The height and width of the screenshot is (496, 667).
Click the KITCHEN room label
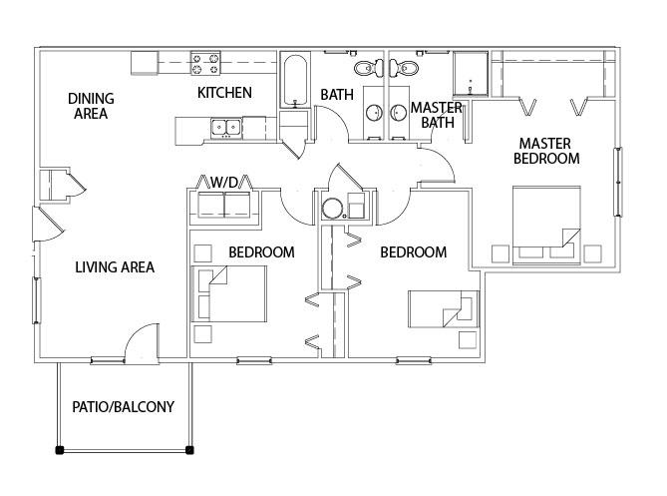pyautogui.click(x=224, y=93)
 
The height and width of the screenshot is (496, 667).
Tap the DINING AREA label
pyautogui.click(x=91, y=106)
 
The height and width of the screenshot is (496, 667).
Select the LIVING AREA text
pyautogui.click(x=115, y=267)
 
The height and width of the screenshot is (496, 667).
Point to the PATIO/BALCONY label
pyautogui.click(x=124, y=407)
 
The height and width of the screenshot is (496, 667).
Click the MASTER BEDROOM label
pyautogui.click(x=546, y=151)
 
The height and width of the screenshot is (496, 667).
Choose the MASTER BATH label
pyautogui.click(x=437, y=115)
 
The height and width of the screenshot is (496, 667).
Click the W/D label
pyautogui.click(x=224, y=183)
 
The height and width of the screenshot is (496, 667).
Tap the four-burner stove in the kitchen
pyautogui.click(x=206, y=63)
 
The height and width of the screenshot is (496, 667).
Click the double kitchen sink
pyautogui.click(x=226, y=128)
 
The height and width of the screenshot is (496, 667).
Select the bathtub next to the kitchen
pyautogui.click(x=294, y=80)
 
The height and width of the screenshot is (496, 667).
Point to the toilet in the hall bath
pyautogui.click(x=368, y=68)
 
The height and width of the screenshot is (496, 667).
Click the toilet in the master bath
pyautogui.click(x=404, y=68)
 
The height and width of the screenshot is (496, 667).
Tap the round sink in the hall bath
pyautogui.click(x=374, y=113)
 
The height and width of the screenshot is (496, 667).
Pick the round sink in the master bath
pyautogui.click(x=399, y=113)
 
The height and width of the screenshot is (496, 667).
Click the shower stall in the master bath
pyautogui.click(x=471, y=73)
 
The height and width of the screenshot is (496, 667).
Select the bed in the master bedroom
pyautogui.click(x=546, y=225)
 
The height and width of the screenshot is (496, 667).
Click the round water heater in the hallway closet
pyautogui.click(x=332, y=209)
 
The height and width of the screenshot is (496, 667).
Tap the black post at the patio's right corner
pyautogui.click(x=190, y=450)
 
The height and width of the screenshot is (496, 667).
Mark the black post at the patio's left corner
pyautogui.click(x=60, y=450)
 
